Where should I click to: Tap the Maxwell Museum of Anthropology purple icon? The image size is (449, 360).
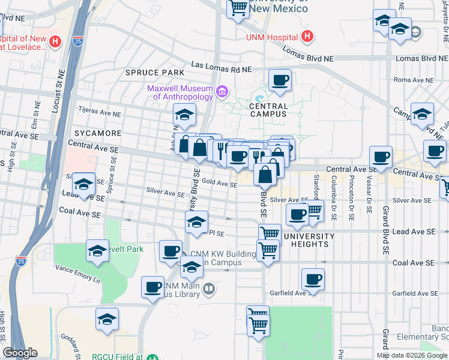pyautogui.click(x=222, y=92)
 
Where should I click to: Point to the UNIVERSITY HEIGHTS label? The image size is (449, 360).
pyautogui.click(x=306, y=240)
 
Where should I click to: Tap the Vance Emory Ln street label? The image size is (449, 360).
pyautogui.click(x=77, y=271)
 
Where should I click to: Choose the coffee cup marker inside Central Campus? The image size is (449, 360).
pyautogui.click(x=279, y=80)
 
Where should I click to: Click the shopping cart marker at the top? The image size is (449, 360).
pyautogui.click(x=238, y=8)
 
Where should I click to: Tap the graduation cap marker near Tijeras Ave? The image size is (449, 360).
pyautogui.click(x=184, y=113)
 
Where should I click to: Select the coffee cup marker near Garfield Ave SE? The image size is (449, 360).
pyautogui.click(x=313, y=278)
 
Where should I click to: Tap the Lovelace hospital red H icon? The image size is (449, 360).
pyautogui.click(x=55, y=42)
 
